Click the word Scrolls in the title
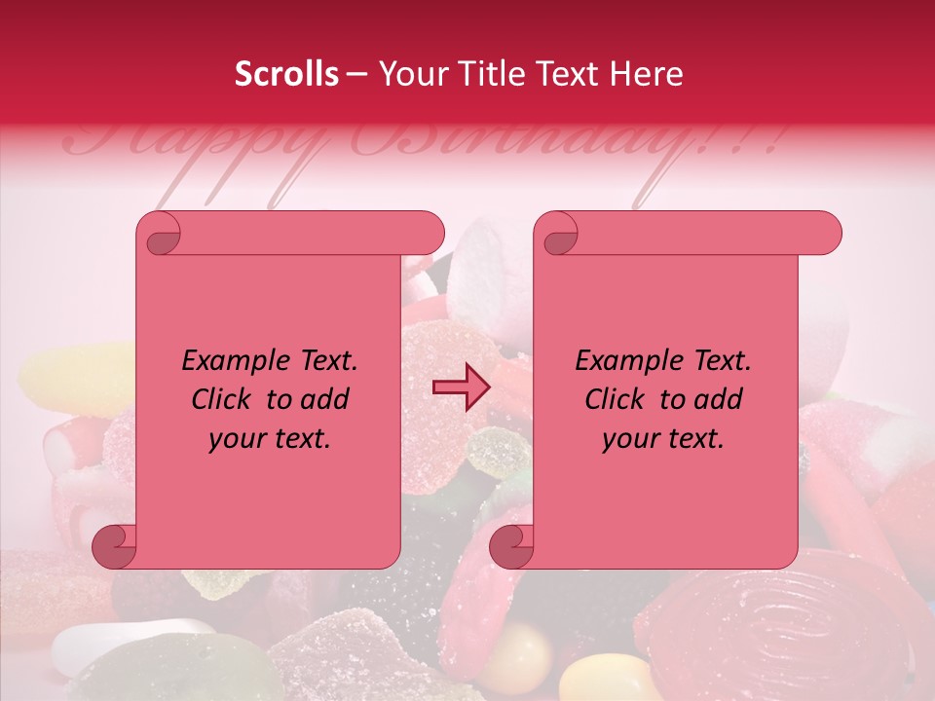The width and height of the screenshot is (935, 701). (286, 74)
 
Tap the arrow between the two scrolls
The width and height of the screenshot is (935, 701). (461, 387)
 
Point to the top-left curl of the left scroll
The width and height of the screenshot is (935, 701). (159, 235)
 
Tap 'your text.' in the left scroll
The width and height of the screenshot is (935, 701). (270, 438)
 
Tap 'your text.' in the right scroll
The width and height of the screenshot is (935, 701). (663, 438)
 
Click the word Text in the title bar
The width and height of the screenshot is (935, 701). (560, 74)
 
